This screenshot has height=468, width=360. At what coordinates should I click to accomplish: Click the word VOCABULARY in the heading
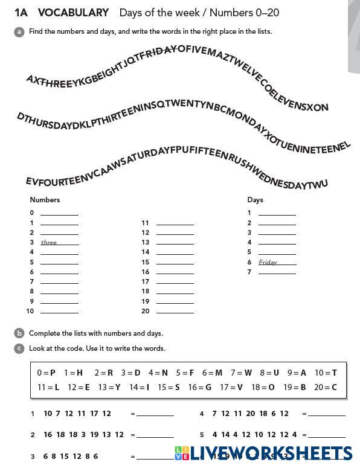point(73,13)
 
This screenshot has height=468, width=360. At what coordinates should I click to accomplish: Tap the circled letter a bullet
point(19,31)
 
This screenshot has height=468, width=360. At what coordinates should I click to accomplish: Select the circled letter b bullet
point(19,333)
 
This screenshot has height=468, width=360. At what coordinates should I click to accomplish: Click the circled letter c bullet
point(19,348)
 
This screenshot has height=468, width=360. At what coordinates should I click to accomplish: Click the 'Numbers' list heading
point(45,200)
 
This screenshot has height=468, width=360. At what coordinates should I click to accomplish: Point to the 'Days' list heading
point(255,200)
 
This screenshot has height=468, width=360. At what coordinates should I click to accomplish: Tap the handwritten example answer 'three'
point(49,243)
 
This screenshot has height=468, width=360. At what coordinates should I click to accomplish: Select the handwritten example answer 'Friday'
point(268,262)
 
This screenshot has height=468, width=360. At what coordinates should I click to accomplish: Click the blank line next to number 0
point(59,213)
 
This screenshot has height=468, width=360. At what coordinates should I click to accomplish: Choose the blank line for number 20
point(175,312)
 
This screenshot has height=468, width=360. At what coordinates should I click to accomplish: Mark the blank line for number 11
point(175,223)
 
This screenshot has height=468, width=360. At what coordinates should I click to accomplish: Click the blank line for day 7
point(277,272)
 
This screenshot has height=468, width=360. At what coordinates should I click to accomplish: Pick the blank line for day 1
point(277,213)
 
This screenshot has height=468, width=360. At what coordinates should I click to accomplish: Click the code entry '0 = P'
point(46,373)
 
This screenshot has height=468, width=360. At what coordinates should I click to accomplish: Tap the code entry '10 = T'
point(326,373)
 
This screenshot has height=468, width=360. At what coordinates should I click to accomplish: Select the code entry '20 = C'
point(326,387)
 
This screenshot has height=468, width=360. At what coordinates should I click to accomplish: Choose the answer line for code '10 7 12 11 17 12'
point(155,415)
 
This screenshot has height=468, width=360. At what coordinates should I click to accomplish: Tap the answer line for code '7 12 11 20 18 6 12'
point(327,415)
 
